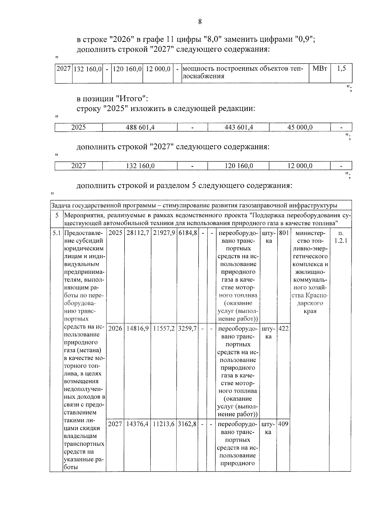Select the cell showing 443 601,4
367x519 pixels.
click(x=239, y=127)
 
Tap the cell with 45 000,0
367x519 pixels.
click(x=300, y=127)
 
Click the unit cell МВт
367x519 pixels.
click(x=320, y=69)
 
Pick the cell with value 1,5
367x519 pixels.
click(x=341, y=69)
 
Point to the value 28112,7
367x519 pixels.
click(x=137, y=233)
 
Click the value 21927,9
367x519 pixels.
click(x=164, y=233)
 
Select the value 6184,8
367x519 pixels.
click(x=187, y=233)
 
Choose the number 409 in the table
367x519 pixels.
click(x=284, y=424)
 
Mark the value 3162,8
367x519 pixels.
click(x=187, y=424)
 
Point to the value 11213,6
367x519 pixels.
click(x=164, y=424)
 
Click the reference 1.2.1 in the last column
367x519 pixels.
click(x=340, y=241)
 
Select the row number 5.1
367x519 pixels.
click(x=56, y=233)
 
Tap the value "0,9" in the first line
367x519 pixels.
click(x=303, y=39)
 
